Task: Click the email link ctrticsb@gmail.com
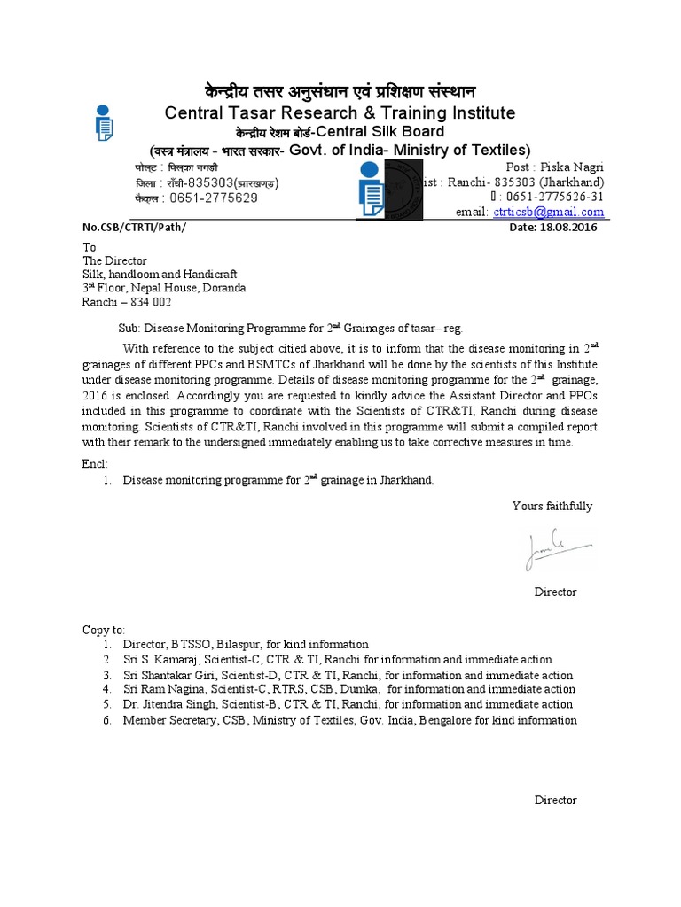point(548,212)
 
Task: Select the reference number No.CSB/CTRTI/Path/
point(135,228)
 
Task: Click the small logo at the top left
point(104,123)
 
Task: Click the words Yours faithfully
point(552,506)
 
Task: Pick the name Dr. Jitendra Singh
point(172,705)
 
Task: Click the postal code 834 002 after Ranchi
point(150,302)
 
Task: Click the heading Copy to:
point(105,629)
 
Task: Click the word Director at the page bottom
point(555,800)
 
